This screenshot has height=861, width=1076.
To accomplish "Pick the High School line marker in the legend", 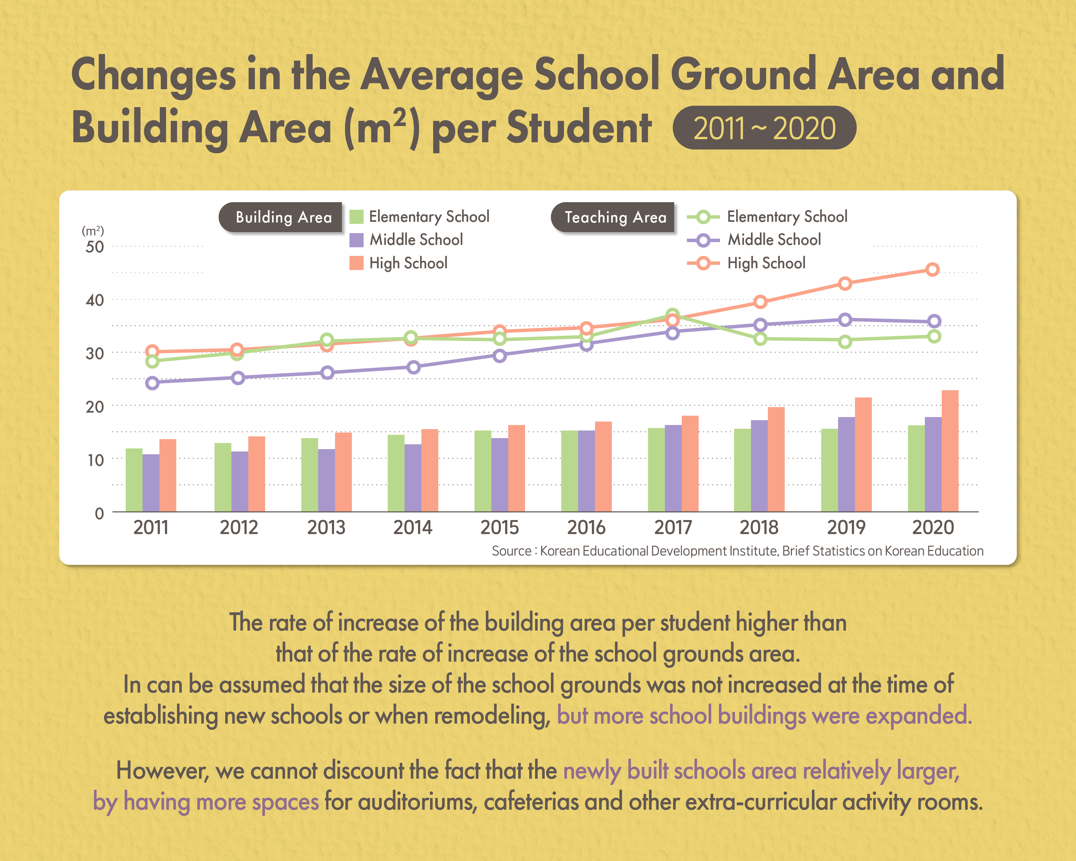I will [703, 263].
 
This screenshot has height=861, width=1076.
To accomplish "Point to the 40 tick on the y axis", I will [95, 300].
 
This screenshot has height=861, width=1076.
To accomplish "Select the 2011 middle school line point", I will [152, 383].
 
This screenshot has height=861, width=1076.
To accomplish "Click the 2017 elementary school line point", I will [672, 315].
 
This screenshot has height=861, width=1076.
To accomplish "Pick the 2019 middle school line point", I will [845, 320].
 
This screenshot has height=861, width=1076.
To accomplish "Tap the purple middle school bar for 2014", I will [413, 478].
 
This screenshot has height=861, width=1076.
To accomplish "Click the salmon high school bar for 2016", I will [603, 466].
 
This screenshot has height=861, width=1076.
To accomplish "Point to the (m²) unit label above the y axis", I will [93, 231].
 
